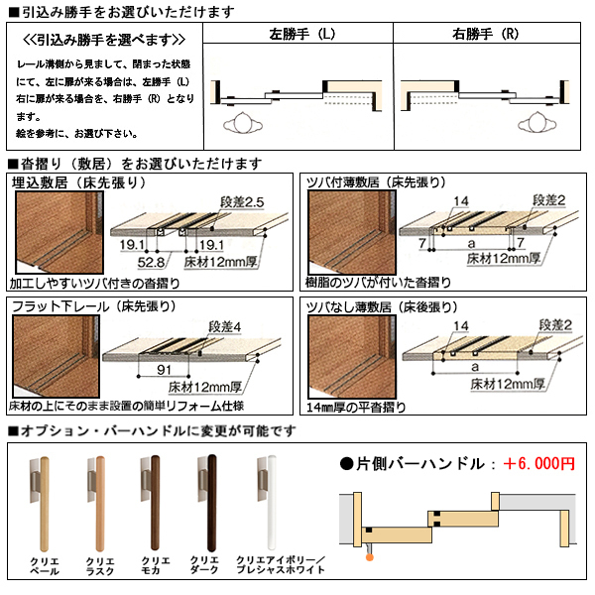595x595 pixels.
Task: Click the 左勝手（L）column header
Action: (x=300, y=33)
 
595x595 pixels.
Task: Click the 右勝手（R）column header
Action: (x=489, y=33)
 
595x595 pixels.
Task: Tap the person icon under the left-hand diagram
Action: (x=245, y=127)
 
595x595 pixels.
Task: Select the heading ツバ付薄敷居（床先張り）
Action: (x=376, y=182)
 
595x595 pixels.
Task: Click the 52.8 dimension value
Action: (x=150, y=264)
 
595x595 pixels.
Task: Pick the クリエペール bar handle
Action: (x=45, y=501)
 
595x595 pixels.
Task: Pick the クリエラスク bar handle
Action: (x=98, y=501)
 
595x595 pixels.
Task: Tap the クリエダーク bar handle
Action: (x=208, y=501)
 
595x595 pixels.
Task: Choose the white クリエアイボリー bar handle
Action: (x=265, y=501)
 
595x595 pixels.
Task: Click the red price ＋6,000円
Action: (x=538, y=463)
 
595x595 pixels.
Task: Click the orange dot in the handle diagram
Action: (x=370, y=557)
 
